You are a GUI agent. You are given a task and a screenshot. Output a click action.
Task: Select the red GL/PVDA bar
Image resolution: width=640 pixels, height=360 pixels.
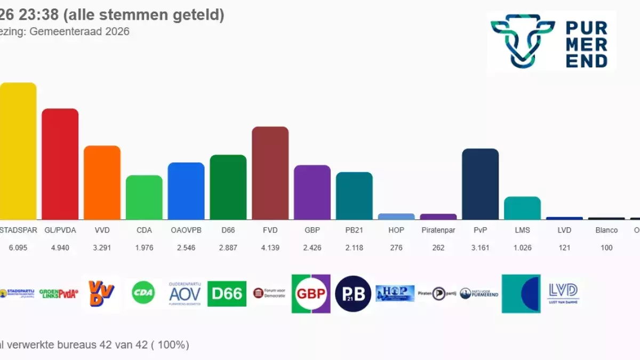click(60, 164)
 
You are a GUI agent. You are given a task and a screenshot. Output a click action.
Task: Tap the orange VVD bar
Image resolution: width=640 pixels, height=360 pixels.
click(102, 182)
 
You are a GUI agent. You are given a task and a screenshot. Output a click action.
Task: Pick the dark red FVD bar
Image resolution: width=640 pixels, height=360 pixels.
click(270, 173)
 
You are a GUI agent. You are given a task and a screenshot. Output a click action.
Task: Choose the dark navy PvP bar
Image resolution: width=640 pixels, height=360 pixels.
click(480, 184)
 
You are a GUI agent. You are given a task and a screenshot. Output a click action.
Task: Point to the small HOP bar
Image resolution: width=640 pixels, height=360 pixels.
click(396, 217)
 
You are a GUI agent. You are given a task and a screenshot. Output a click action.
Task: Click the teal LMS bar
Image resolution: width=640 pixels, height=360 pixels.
click(522, 208)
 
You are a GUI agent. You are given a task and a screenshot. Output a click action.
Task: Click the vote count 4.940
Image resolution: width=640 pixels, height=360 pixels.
click(60, 247)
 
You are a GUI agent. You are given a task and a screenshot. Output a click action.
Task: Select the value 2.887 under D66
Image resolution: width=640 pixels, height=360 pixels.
click(228, 247)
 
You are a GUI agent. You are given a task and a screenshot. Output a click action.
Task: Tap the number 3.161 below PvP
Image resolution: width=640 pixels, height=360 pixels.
click(480, 247)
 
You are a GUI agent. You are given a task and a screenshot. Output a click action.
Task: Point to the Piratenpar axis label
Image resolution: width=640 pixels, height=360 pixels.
click(438, 230)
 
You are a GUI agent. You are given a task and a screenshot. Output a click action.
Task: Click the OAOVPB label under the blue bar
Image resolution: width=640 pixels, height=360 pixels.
click(186, 230)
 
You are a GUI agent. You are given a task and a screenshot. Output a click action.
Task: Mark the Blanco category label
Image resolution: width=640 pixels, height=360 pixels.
click(606, 230)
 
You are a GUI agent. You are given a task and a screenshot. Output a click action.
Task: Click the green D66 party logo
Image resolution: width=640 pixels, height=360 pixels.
click(227, 293)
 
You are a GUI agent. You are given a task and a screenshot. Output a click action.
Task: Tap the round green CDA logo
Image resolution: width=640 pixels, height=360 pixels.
click(143, 293)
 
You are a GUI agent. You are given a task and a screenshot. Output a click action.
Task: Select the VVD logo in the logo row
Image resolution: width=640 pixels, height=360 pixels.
click(101, 293)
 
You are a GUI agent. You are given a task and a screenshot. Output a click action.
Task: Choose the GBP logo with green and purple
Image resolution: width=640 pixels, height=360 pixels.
click(311, 293)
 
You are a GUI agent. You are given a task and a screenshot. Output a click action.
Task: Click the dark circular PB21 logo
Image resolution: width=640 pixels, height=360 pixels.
click(353, 293)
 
